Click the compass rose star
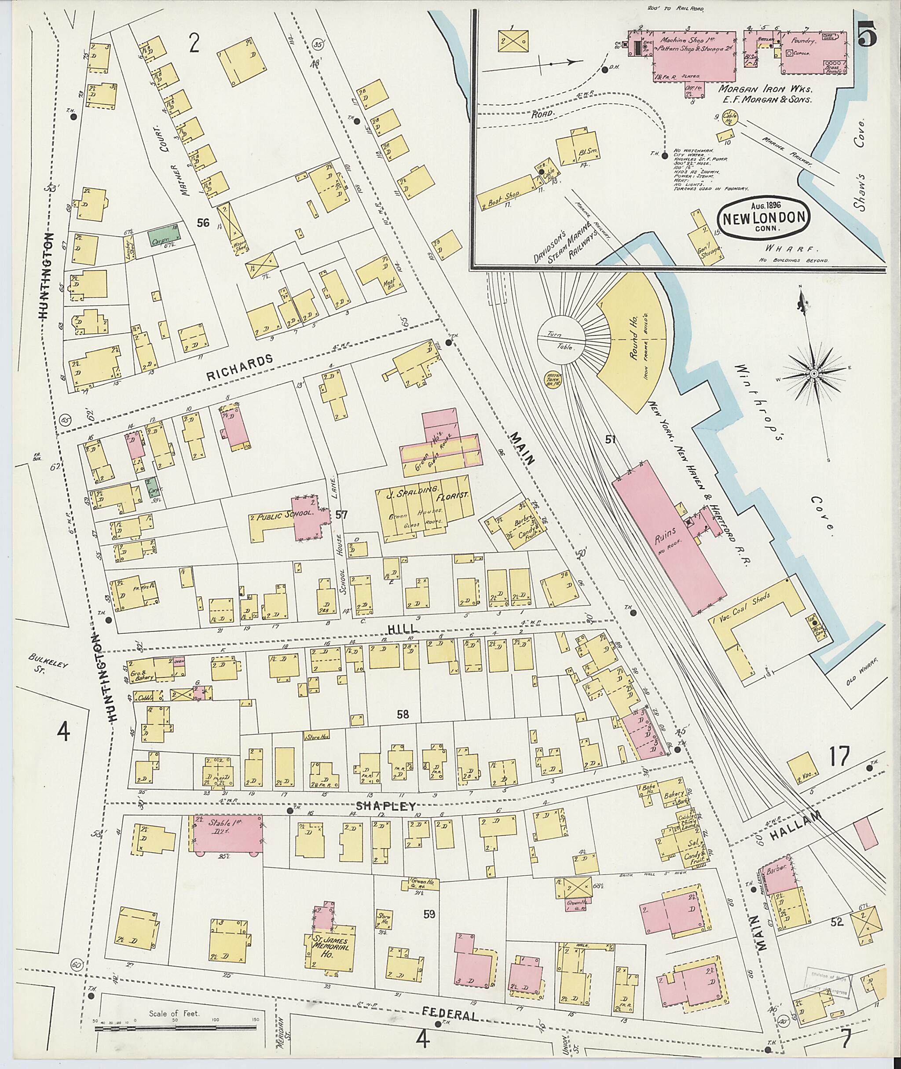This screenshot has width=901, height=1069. tap(813, 374)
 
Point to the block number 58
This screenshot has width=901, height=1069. tap(403, 714)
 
